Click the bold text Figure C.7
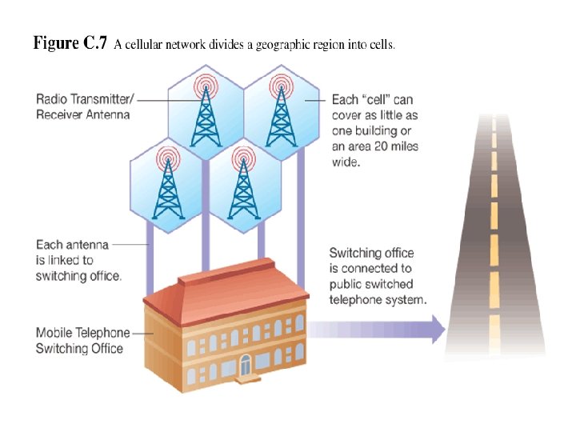69,44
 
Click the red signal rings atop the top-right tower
281,83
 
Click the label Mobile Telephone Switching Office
79,340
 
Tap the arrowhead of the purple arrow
437,329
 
